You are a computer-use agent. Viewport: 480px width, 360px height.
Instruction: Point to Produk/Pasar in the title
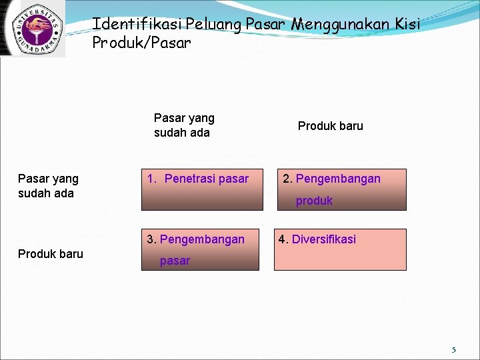pyautogui.click(x=141, y=43)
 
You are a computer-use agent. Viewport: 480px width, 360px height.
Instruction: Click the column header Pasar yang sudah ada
pyautogui.click(x=184, y=125)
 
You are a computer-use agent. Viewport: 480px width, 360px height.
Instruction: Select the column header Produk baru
pyautogui.click(x=330, y=126)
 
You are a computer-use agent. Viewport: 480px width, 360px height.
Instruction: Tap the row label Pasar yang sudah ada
pyautogui.click(x=48, y=186)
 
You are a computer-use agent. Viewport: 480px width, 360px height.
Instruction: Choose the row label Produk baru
pyautogui.click(x=51, y=253)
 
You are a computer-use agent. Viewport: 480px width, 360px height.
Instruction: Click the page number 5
pyautogui.click(x=453, y=350)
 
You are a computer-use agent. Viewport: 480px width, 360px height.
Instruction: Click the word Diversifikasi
pyautogui.click(x=324, y=239)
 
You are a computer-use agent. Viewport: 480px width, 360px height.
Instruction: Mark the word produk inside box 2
pyautogui.click(x=314, y=201)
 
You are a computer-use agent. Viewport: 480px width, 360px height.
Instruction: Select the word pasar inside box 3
pyautogui.click(x=175, y=261)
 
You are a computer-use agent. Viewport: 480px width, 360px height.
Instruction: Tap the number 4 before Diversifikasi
pyautogui.click(x=283, y=239)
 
